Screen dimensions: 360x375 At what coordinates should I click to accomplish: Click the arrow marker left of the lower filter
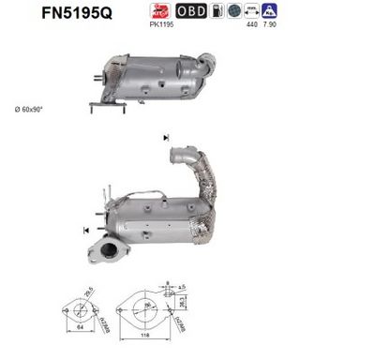pos(87,229)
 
